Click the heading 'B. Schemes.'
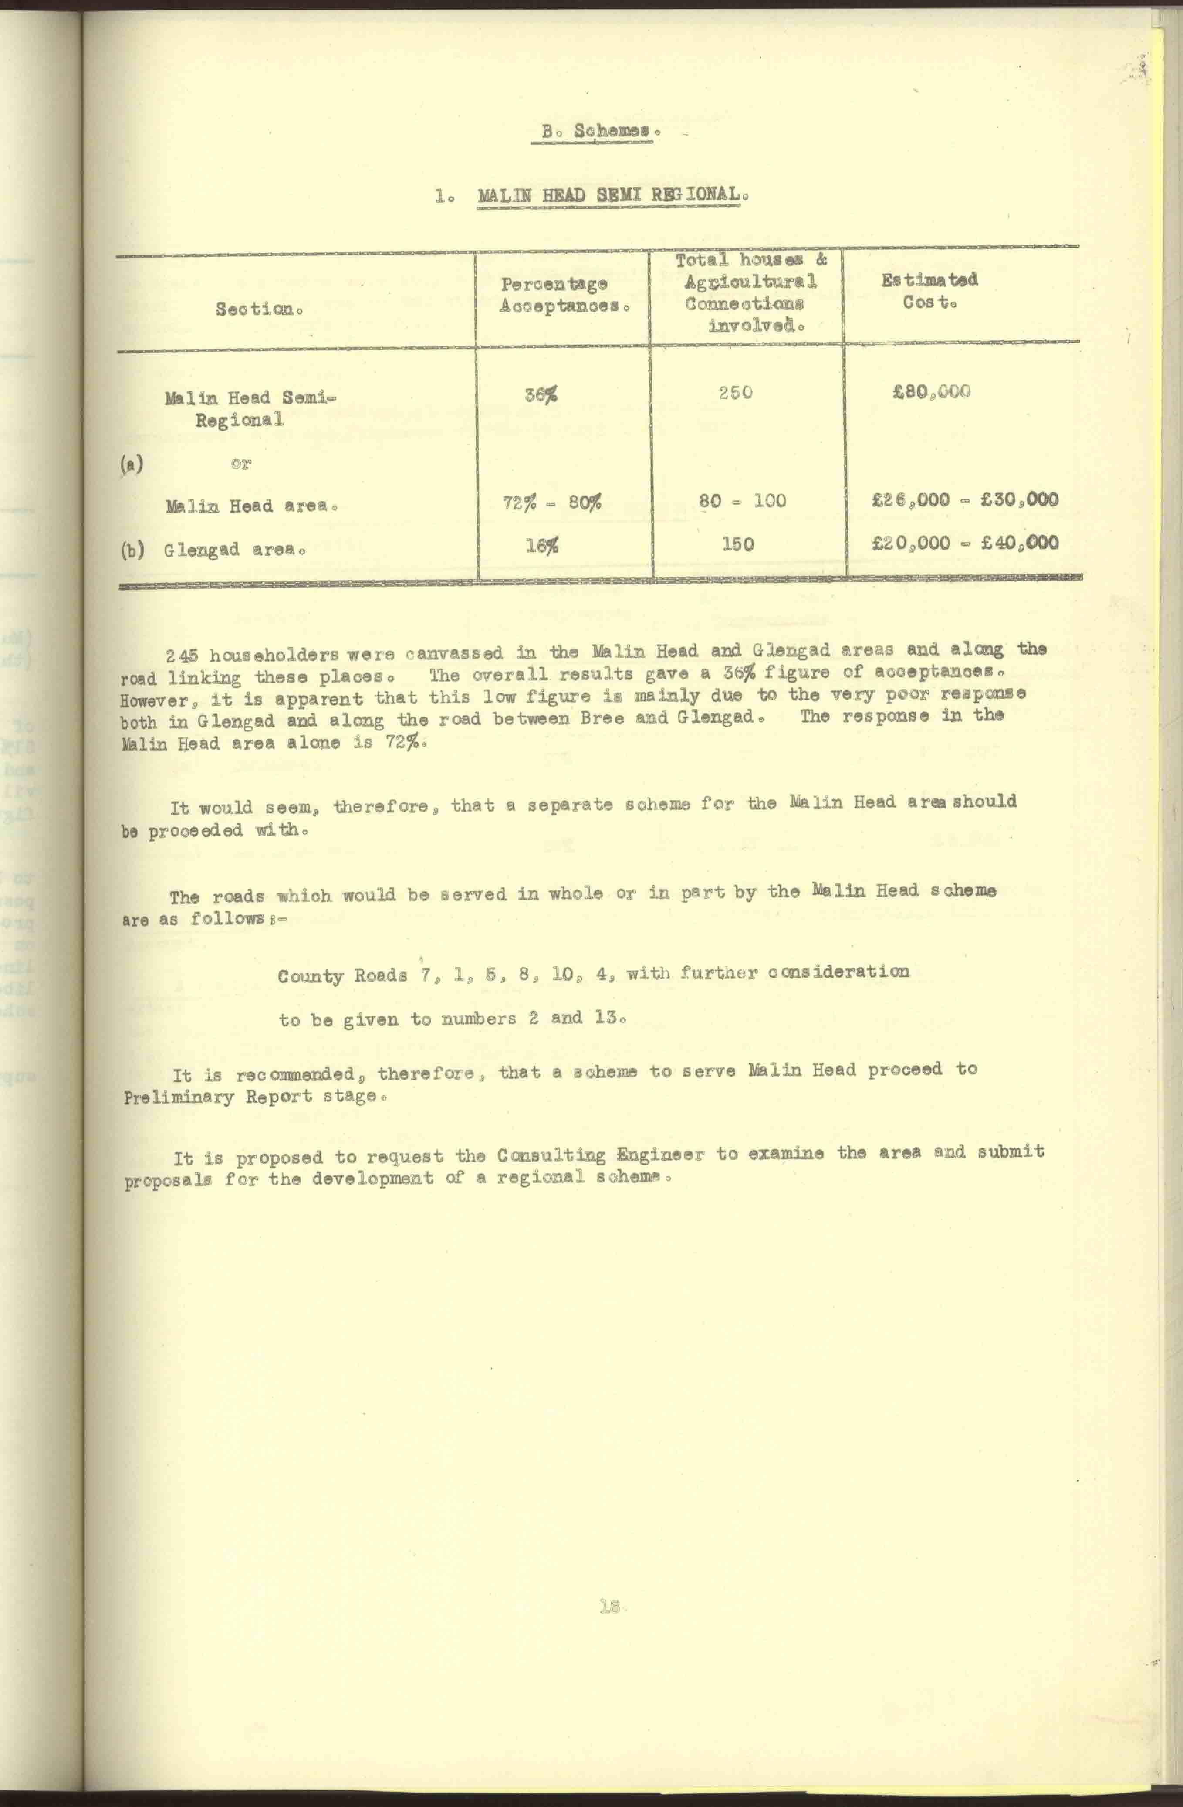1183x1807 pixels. click(597, 131)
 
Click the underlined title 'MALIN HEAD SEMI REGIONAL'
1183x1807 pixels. click(608, 194)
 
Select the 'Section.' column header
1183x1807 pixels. click(254, 309)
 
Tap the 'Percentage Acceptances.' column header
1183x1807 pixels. click(564, 296)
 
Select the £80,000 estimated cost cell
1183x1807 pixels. click(931, 392)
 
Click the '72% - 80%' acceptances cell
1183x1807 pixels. click(552, 502)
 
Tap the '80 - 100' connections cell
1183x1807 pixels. click(742, 500)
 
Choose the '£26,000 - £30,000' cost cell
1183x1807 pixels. click(964, 499)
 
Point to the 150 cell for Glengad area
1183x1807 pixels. click(737, 543)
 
